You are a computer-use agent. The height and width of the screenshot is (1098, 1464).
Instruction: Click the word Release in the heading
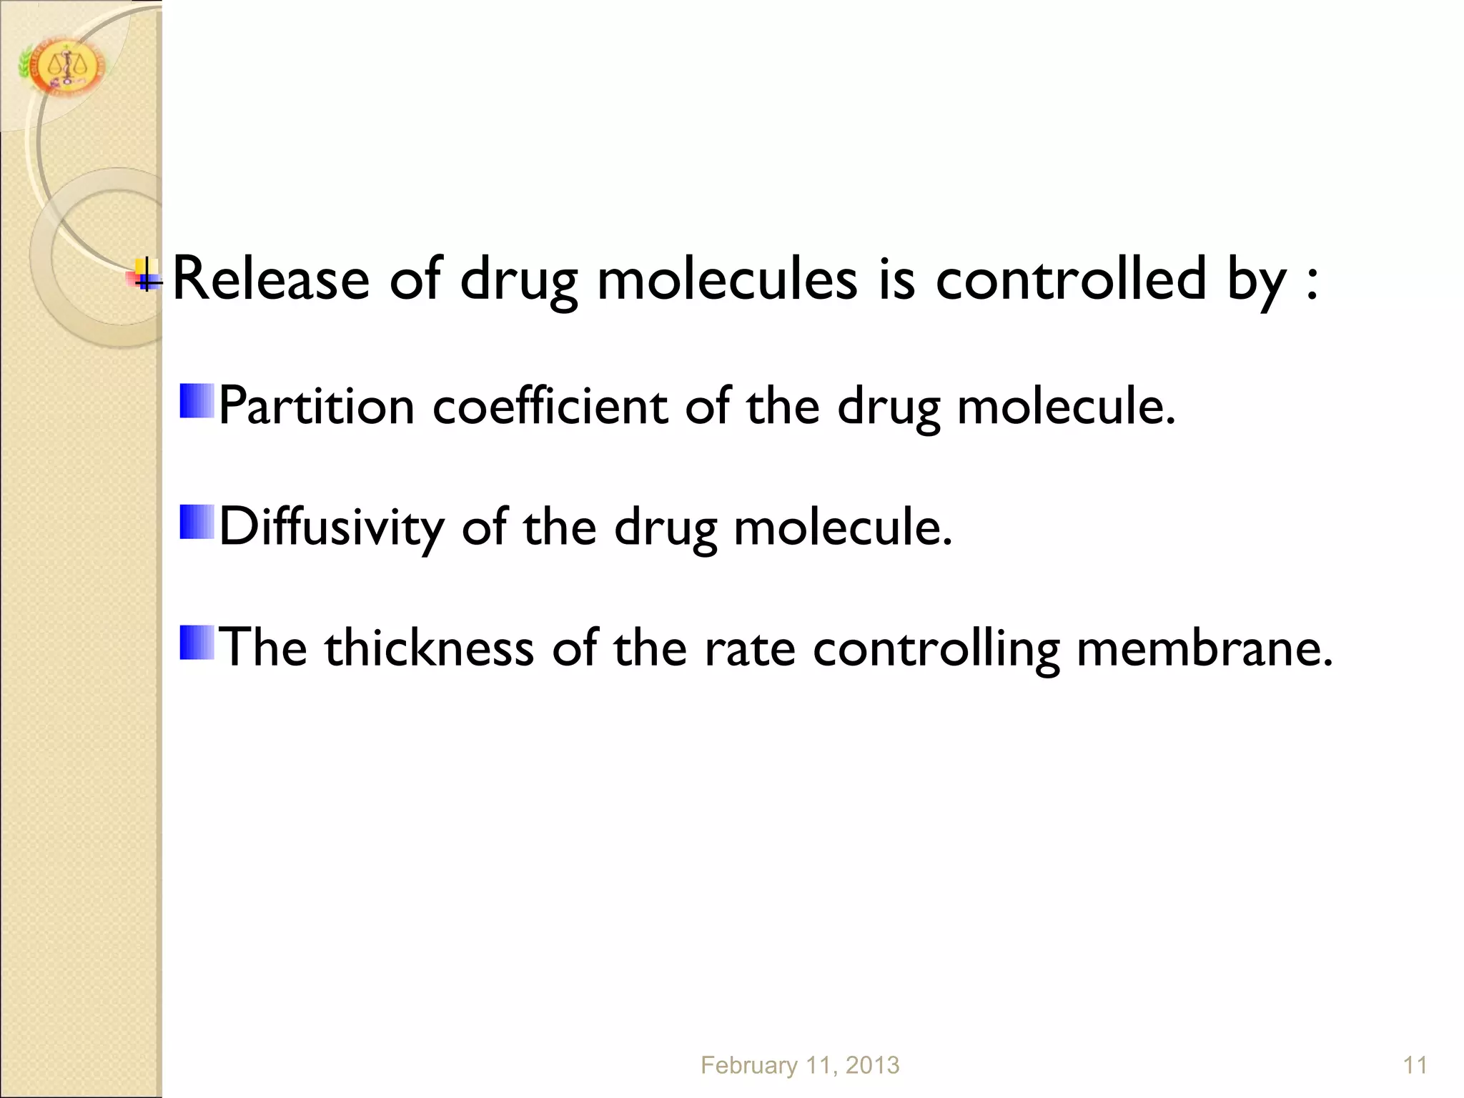click(271, 279)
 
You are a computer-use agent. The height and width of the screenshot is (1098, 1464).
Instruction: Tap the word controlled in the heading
click(1071, 279)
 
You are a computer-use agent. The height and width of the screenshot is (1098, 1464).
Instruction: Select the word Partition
click(316, 406)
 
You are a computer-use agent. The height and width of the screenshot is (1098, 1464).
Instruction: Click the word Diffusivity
click(331, 528)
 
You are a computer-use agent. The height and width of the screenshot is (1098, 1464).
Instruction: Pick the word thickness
click(429, 648)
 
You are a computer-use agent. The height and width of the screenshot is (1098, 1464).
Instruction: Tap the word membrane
click(1205, 648)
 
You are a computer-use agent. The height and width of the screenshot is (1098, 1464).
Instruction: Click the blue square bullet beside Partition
click(197, 401)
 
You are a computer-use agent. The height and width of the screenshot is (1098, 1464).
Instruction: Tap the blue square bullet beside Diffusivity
click(197, 522)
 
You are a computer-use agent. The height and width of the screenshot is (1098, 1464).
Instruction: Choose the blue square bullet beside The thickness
click(197, 642)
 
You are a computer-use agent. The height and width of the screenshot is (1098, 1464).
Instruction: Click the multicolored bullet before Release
click(147, 275)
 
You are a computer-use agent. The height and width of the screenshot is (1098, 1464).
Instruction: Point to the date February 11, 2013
click(800, 1065)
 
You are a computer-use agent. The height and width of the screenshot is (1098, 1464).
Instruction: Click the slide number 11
click(1415, 1065)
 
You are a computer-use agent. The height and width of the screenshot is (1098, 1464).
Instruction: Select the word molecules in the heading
click(727, 279)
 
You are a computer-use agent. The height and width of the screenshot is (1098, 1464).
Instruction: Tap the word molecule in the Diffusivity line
click(843, 528)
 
